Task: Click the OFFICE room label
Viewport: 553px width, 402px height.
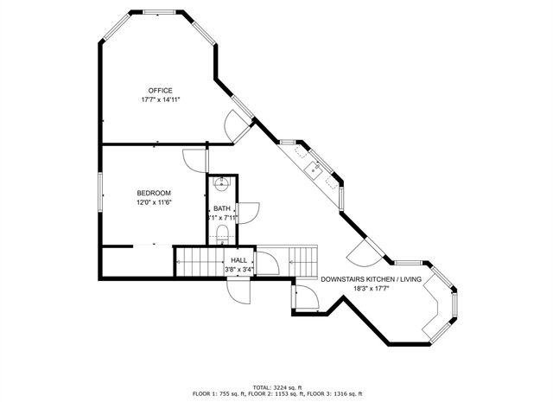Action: click(160, 91)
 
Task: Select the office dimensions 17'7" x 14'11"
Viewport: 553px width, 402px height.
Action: click(160, 100)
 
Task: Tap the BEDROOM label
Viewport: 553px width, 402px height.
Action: click(154, 193)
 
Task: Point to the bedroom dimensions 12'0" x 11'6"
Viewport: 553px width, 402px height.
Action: click(154, 202)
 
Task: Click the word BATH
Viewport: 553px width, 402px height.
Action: click(222, 208)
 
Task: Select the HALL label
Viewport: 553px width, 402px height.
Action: click(238, 259)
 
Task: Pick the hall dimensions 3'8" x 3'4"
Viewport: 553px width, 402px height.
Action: click(238, 269)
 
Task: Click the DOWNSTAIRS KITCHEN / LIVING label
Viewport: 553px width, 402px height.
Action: click(371, 279)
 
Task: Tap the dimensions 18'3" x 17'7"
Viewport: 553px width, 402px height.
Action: click(371, 289)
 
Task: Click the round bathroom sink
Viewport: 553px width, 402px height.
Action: click(222, 183)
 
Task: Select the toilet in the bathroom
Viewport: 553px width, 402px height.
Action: click(222, 233)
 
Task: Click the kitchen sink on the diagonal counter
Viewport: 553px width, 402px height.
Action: click(316, 170)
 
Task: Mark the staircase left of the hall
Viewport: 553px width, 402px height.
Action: click(199, 260)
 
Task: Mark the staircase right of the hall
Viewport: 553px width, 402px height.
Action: click(302, 258)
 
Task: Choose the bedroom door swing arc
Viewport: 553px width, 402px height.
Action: click(194, 161)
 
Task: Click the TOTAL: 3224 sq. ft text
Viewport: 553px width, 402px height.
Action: click(276, 386)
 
